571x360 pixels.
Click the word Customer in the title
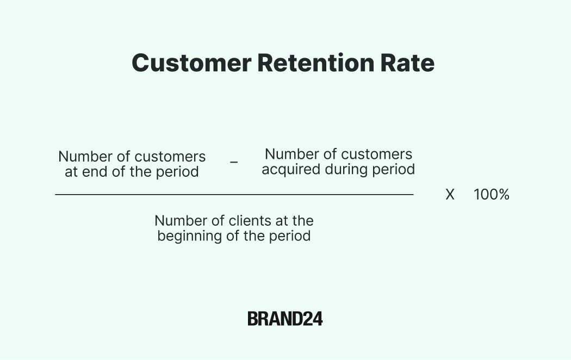tap(191, 63)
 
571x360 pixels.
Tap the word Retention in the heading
tap(316, 63)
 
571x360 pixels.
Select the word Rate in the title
tap(407, 63)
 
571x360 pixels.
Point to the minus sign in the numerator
tap(234, 162)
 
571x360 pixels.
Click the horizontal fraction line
tap(234, 195)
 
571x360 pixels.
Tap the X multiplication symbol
tap(450, 195)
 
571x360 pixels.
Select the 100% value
tap(491, 195)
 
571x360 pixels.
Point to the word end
tap(95, 172)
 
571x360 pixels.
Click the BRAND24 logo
tap(285, 319)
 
